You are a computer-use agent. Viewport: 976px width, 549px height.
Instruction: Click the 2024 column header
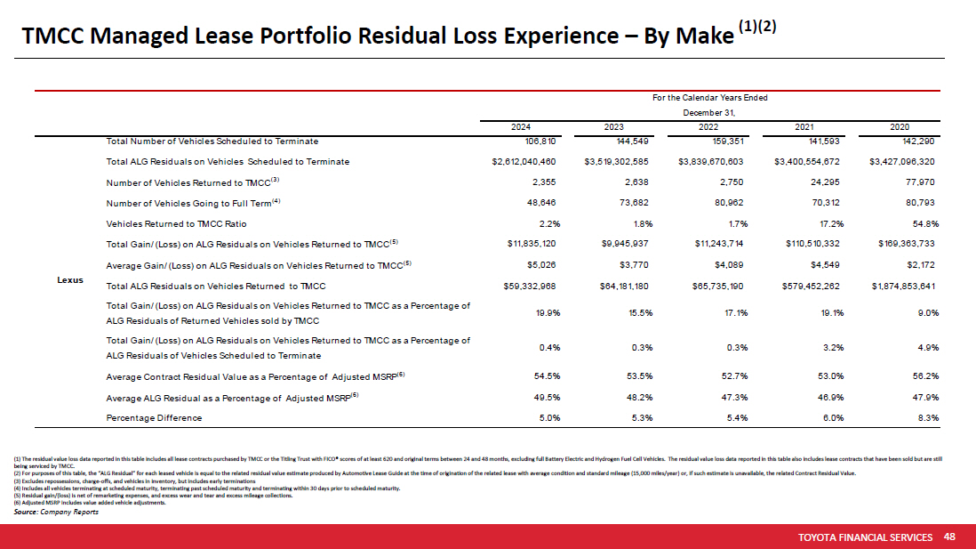[527, 127]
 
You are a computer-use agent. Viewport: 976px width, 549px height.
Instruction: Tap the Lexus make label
[70, 279]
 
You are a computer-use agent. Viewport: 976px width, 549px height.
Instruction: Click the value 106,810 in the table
[539, 141]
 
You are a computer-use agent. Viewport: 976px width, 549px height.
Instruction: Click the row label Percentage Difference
[154, 417]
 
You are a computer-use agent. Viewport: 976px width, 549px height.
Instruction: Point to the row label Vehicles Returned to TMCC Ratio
[176, 223]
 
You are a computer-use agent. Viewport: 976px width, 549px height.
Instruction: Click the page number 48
[949, 537]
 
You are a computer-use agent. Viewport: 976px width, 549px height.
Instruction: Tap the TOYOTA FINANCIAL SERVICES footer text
[866, 537]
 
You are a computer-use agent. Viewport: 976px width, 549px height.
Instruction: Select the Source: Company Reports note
[57, 513]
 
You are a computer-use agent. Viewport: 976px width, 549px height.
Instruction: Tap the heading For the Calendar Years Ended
[709, 97]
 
